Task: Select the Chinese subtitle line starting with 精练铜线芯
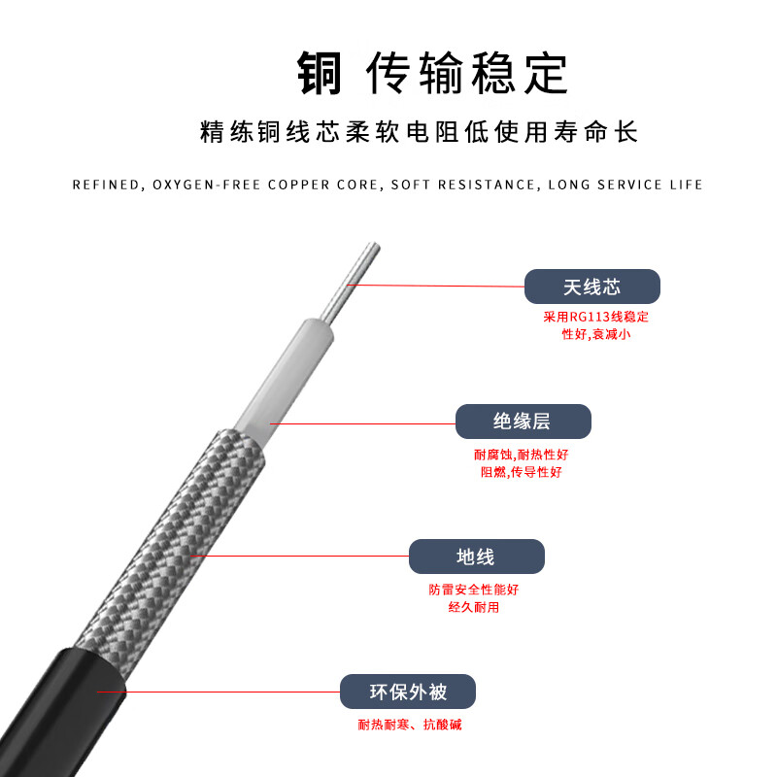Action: (x=388, y=132)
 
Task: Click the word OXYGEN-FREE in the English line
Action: (x=207, y=185)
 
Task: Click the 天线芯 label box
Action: (x=591, y=287)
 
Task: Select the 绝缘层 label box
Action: (x=523, y=422)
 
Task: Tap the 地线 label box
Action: (x=476, y=557)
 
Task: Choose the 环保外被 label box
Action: (x=408, y=692)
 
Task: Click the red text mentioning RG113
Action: (x=595, y=318)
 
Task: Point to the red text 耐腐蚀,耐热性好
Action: (x=522, y=455)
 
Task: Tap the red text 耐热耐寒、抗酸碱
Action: (x=409, y=725)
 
